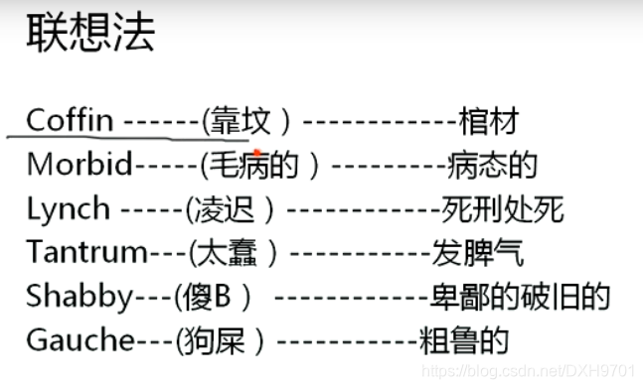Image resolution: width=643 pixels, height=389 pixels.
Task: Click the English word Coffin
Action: pos(70,121)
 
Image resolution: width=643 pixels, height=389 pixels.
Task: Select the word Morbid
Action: pos(79,165)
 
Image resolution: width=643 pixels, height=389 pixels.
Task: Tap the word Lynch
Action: pos(69,209)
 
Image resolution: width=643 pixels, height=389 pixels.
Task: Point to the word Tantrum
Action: pos(87,252)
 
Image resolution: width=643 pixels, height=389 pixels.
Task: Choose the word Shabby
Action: pos(80,297)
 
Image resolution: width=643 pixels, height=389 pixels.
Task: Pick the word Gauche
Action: pos(80,340)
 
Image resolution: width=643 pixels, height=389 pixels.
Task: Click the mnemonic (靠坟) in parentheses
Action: pos(246,122)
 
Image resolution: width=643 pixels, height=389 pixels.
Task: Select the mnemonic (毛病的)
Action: pos(260,166)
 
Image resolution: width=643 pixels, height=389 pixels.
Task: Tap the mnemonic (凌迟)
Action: pos(231,209)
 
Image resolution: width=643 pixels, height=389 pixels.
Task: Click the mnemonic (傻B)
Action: pos(213,297)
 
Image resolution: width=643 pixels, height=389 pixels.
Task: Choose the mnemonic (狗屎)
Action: pos(221,340)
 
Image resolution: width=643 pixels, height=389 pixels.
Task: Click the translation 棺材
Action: pos(488,122)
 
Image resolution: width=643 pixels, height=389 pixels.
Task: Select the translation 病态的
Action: pos(493,166)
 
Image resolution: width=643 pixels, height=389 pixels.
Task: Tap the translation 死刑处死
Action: pos(502,209)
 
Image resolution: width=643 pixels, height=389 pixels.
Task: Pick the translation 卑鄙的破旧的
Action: pos(519,297)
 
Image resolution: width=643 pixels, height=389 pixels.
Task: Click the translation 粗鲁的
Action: pos(463,340)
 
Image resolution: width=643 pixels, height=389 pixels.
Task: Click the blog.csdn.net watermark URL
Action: pos(528,370)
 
